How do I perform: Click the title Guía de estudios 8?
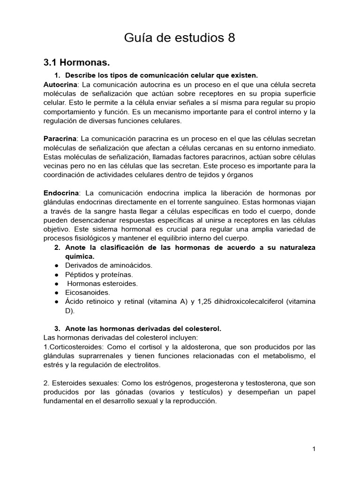[x=180, y=38]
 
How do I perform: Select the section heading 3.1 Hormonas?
[x=76, y=62]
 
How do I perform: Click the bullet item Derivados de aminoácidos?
[x=109, y=265]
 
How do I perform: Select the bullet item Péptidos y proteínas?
[x=99, y=274]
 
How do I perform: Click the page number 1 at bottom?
[x=314, y=449]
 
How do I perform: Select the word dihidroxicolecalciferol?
[x=242, y=301]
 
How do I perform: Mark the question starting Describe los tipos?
[x=161, y=75]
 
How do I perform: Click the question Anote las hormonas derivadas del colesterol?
[x=143, y=329]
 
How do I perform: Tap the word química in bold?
[x=80, y=256]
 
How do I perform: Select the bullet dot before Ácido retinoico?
[x=56, y=301]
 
